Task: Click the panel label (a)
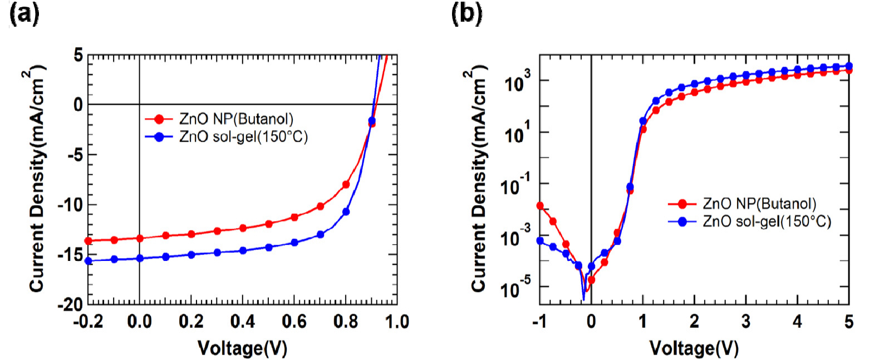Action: tap(24, 13)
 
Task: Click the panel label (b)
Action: tap(466, 13)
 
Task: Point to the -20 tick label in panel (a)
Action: tap(70, 304)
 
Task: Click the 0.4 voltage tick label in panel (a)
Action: tap(243, 322)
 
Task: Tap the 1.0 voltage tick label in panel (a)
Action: tap(397, 322)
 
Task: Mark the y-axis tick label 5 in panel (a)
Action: tap(78, 55)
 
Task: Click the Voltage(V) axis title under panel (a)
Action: tap(243, 348)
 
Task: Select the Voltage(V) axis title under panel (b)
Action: tap(694, 348)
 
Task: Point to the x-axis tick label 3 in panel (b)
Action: tap(746, 322)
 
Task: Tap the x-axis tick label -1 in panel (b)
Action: tap(539, 322)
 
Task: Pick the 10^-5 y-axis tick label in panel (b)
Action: tap(515, 288)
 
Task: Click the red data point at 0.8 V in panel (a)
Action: tap(346, 184)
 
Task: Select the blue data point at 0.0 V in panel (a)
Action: tap(140, 258)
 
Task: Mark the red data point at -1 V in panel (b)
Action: tap(540, 206)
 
